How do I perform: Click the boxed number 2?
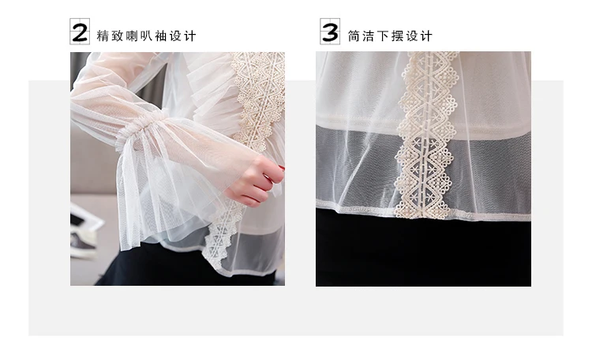click(80, 32)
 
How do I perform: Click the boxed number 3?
click(330, 32)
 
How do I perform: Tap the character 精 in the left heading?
click(103, 36)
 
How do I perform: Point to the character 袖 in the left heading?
click(161, 36)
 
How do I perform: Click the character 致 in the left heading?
click(118, 36)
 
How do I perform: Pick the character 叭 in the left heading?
click(147, 36)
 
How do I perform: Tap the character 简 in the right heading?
click(354, 36)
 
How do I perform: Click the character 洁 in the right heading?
click(369, 36)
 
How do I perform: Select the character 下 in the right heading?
click(383, 36)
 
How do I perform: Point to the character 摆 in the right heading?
click(398, 36)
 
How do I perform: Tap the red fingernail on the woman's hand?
click(282, 167)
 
